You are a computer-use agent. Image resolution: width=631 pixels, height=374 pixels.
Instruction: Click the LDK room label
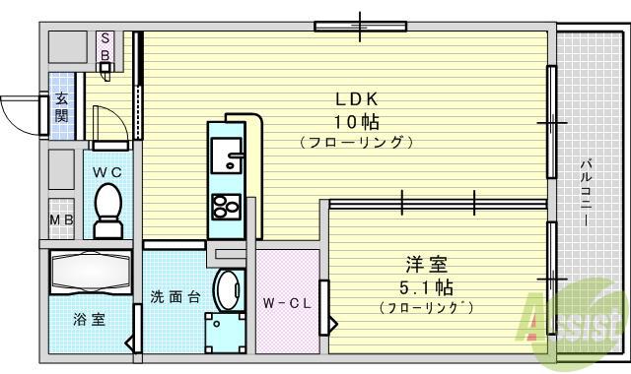tap(355, 100)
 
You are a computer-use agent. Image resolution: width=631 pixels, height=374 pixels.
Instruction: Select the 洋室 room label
tap(427, 265)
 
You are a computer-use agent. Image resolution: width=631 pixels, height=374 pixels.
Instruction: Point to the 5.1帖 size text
tap(427, 287)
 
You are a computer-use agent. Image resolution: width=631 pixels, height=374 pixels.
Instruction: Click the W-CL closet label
tap(288, 303)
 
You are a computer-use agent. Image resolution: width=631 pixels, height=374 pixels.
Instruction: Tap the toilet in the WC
tap(105, 210)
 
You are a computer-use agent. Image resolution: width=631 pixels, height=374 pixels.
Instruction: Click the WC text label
tap(106, 171)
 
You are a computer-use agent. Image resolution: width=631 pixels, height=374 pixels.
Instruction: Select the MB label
tap(60, 218)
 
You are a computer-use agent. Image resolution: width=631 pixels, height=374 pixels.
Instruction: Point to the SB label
tap(104, 47)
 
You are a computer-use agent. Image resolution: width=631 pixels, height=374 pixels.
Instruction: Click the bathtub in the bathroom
tap(90, 271)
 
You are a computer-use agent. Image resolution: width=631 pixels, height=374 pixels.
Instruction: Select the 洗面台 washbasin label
tap(175, 295)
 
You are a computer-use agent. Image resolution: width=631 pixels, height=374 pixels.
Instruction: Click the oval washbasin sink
tap(227, 291)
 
